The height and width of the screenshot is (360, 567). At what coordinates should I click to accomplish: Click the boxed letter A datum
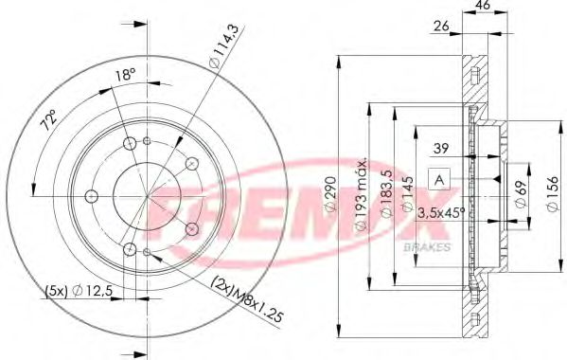coord(439,177)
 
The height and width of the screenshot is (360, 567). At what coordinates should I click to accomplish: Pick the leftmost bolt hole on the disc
coord(92,196)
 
